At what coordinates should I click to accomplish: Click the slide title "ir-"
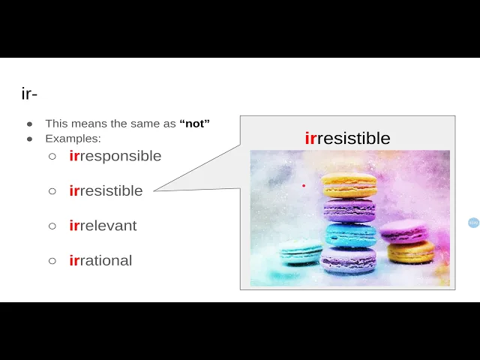click(29, 94)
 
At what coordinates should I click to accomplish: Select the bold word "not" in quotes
click(195, 123)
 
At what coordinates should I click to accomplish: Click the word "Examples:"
click(73, 139)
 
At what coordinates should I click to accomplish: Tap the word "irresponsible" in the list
click(115, 156)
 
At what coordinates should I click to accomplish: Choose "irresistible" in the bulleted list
click(106, 190)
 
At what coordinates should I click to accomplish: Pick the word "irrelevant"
click(103, 226)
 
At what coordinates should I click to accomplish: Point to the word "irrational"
click(100, 260)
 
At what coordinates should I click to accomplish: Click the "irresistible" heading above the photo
click(347, 138)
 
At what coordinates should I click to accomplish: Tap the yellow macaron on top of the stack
click(349, 185)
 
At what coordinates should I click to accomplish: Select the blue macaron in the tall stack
click(350, 235)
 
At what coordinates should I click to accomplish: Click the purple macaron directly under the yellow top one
click(349, 210)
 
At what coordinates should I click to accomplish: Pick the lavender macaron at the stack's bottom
click(348, 260)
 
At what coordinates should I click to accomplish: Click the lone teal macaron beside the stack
click(300, 252)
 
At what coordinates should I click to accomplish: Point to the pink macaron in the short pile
click(404, 232)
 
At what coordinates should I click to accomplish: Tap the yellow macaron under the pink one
click(411, 252)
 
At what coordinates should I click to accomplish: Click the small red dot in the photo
click(304, 185)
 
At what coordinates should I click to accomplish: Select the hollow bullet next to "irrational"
click(52, 261)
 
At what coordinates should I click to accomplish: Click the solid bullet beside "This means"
click(30, 124)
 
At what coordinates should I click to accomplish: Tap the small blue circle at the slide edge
click(473, 223)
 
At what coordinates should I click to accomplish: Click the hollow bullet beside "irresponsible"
click(52, 157)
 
